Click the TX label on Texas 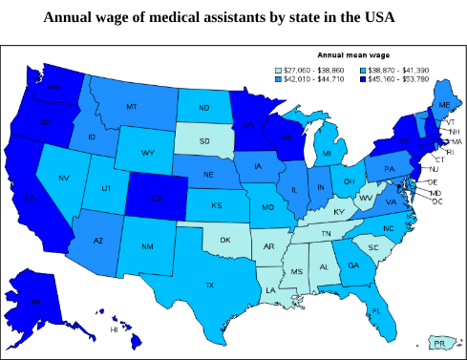pos(210,284)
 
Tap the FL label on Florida pos(376,310)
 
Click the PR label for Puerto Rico pos(439,342)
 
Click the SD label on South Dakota pos(203,141)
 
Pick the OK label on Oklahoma pos(224,240)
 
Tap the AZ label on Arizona pos(97,241)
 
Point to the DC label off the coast pos(436,201)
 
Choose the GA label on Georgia pos(352,265)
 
